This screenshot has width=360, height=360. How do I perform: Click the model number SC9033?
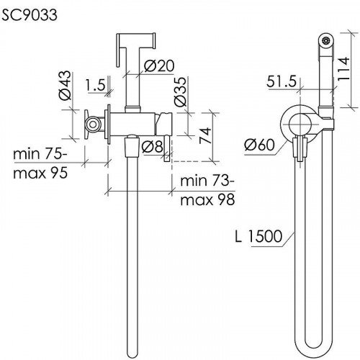[x=30, y=15]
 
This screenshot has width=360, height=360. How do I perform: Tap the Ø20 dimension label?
[x=159, y=66]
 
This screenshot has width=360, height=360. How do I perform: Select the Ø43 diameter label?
[x=66, y=85]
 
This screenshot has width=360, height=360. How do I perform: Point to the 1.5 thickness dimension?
[x=96, y=85]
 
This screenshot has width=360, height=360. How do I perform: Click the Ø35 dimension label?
[x=181, y=91]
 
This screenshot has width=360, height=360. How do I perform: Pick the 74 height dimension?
[x=205, y=136]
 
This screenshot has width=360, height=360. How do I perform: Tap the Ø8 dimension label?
[x=153, y=146]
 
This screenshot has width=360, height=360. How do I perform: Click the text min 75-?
[x=40, y=154]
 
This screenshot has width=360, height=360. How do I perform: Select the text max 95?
[x=40, y=173]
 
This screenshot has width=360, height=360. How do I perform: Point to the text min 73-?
[x=207, y=181]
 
